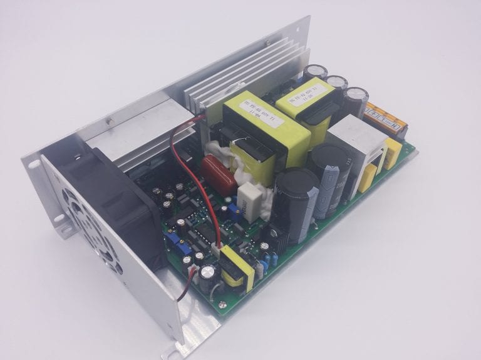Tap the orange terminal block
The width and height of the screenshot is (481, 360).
(x=386, y=118)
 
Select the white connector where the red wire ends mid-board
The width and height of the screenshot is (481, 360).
(x=215, y=249)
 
